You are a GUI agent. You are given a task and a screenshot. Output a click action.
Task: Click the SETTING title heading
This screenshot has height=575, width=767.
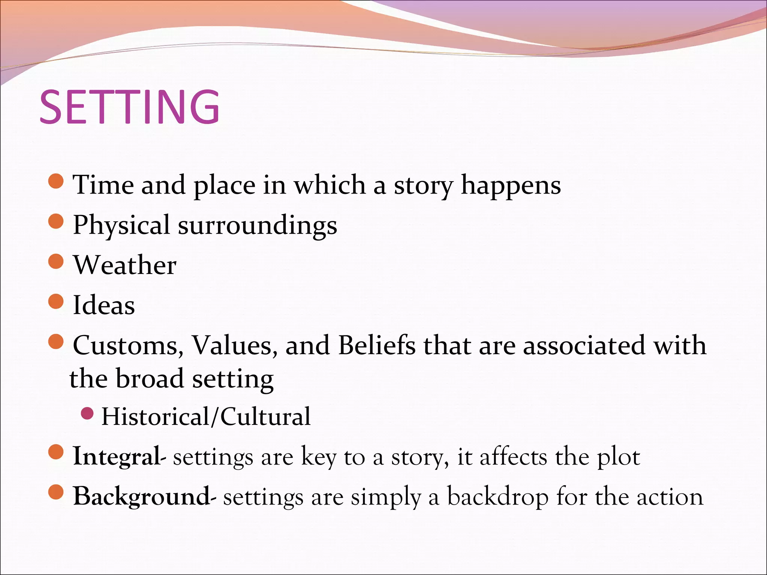(x=129, y=107)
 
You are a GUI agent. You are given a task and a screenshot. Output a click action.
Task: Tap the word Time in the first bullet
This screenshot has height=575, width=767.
(x=103, y=185)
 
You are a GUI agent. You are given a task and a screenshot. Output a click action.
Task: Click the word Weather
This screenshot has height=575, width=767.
(x=124, y=265)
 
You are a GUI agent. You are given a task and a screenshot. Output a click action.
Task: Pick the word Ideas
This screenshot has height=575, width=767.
(x=104, y=305)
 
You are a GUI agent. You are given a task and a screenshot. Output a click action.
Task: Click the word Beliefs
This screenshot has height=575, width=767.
(x=376, y=345)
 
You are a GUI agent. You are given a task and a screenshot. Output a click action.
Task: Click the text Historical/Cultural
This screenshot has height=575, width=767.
(x=206, y=417)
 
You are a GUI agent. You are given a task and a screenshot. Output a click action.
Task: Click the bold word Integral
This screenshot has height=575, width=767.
(x=116, y=457)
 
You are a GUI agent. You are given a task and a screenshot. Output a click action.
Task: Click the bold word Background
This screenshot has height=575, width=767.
(x=141, y=497)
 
